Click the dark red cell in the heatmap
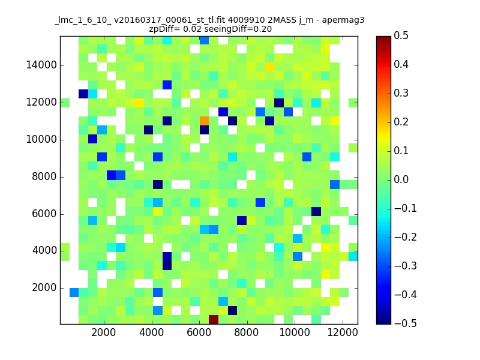click(214, 319)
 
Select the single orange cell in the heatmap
click(204, 121)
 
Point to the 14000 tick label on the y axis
click(41, 65)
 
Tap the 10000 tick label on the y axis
click(41, 139)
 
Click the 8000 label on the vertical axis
click(44, 176)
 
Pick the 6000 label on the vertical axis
click(44, 214)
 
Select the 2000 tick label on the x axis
click(104, 332)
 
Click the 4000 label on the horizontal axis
click(152, 332)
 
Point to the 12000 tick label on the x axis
click(343, 332)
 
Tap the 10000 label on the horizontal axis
click(295, 332)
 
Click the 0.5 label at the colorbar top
click(401, 35)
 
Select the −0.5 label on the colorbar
click(406, 323)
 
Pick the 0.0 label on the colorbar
click(401, 179)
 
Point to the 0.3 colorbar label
click(401, 93)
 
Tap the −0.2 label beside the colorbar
click(406, 237)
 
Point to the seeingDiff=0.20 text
click(238, 29)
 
